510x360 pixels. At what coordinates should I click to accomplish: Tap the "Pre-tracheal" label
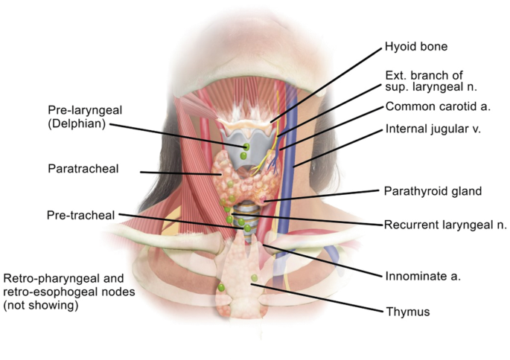tap(80, 216)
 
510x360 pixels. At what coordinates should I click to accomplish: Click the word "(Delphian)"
tap(76, 123)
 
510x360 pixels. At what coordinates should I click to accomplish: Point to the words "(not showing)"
tap(42, 305)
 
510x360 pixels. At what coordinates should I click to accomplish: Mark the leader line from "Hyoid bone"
tap(328, 82)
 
